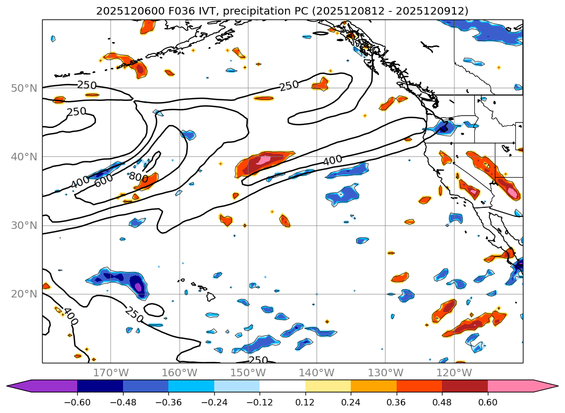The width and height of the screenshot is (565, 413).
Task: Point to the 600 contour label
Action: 104,181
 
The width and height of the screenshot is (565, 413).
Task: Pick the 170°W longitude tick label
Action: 111,373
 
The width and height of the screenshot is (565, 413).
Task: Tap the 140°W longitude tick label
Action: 316,373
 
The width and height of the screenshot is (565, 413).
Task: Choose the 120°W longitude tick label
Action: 453,373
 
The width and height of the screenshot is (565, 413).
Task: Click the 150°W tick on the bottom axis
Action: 248,373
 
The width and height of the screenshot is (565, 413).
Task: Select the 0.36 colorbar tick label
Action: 397,403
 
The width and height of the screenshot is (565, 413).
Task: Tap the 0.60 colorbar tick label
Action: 488,403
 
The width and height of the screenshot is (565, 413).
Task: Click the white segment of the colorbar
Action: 282,386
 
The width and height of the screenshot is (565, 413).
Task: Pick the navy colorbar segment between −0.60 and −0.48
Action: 100,386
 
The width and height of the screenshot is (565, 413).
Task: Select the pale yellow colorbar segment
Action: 328,386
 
